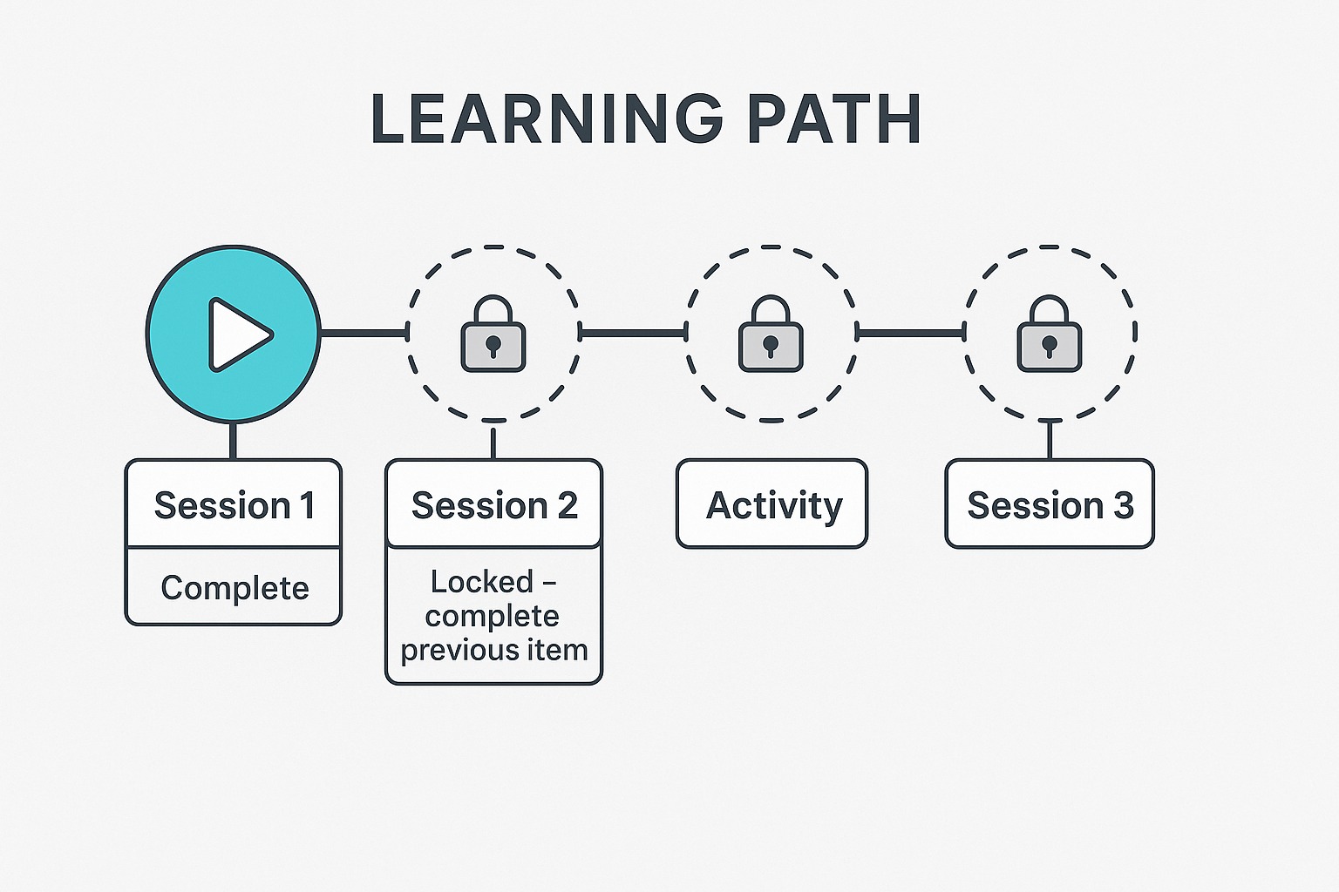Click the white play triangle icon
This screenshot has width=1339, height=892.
(x=238, y=334)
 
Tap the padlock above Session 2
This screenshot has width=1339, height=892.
(x=493, y=334)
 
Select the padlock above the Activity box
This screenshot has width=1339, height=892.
(x=771, y=334)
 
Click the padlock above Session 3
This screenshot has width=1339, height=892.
(x=1049, y=334)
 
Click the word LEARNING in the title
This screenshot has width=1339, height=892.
(x=547, y=118)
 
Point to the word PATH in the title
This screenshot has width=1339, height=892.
(x=834, y=118)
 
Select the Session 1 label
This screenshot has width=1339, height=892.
(x=234, y=505)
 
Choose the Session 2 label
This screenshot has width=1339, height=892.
(x=494, y=505)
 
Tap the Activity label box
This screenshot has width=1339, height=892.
(x=771, y=503)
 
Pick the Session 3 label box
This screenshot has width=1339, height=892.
(x=1050, y=503)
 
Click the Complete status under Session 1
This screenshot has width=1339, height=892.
(x=234, y=588)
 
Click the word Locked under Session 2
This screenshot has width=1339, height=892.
(x=482, y=581)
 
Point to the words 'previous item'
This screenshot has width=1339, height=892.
(x=493, y=650)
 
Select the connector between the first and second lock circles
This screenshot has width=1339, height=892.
(x=632, y=333)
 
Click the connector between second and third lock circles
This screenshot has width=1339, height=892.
(x=910, y=333)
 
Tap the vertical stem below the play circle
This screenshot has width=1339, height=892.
(x=233, y=441)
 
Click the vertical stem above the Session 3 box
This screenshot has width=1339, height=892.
(x=1050, y=440)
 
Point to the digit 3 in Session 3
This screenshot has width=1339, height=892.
(x=1122, y=505)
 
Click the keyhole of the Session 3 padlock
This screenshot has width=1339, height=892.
(x=1049, y=347)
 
